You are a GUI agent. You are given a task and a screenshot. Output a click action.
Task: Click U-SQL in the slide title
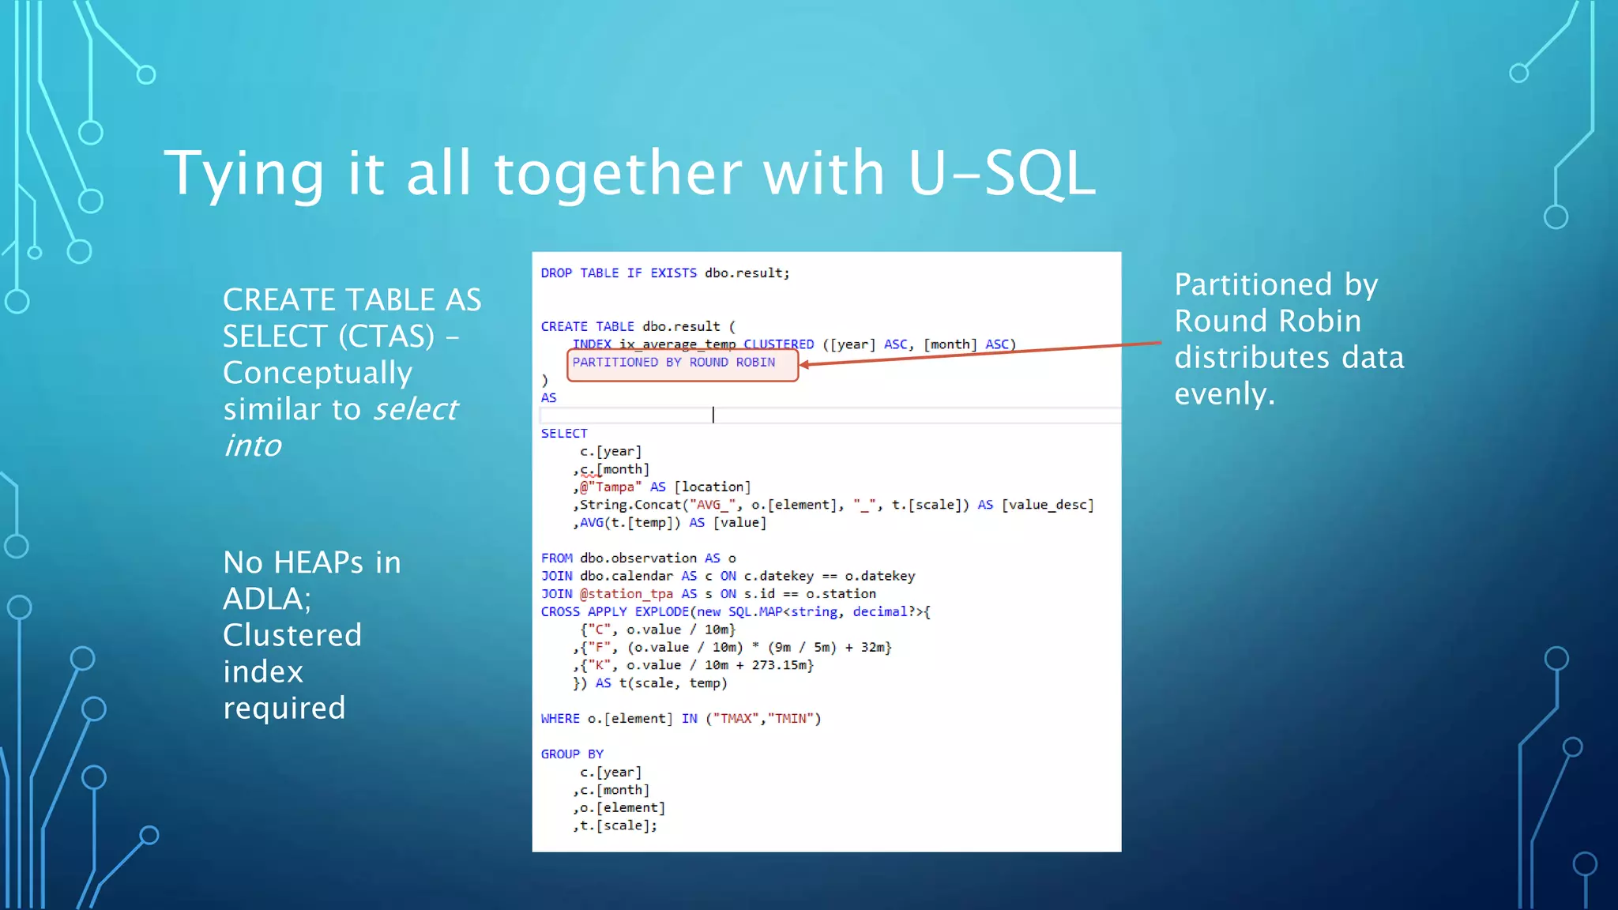[x=1001, y=174]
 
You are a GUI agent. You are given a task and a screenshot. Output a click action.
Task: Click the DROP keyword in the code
[x=556, y=273]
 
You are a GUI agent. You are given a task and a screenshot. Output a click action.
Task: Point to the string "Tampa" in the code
[x=615, y=487]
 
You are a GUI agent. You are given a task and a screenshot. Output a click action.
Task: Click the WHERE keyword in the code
[x=560, y=719]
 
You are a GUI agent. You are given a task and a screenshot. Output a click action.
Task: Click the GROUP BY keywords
[x=572, y=754]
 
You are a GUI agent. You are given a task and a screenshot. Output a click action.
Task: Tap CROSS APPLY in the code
[x=584, y=612]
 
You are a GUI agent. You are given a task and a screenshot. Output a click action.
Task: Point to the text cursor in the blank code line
[x=713, y=416]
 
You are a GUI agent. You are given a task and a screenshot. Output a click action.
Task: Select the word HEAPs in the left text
[x=318, y=562]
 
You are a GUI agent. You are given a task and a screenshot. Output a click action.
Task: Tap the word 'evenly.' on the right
[x=1224, y=394]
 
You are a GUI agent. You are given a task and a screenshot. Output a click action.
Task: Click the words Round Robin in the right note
[x=1267, y=322]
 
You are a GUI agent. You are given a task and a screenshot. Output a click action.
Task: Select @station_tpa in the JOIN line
[x=627, y=594]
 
